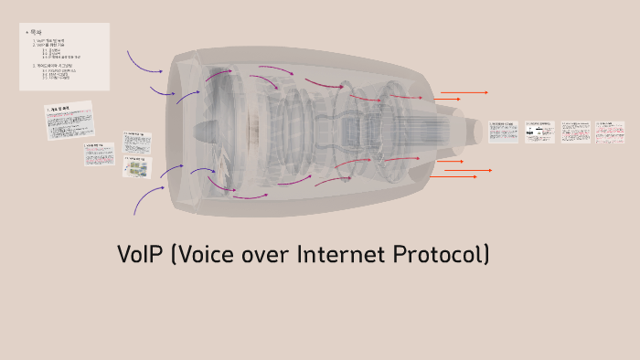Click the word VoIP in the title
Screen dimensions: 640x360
[140, 255]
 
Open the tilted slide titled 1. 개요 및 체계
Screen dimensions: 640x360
[70, 120]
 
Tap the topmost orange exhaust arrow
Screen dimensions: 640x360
[464, 92]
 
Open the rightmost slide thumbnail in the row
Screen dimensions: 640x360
[607, 132]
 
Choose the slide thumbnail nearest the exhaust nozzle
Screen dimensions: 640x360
[503, 132]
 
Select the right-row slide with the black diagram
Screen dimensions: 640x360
[539, 132]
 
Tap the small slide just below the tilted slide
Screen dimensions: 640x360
[99, 154]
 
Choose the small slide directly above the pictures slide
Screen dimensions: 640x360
[137, 143]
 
